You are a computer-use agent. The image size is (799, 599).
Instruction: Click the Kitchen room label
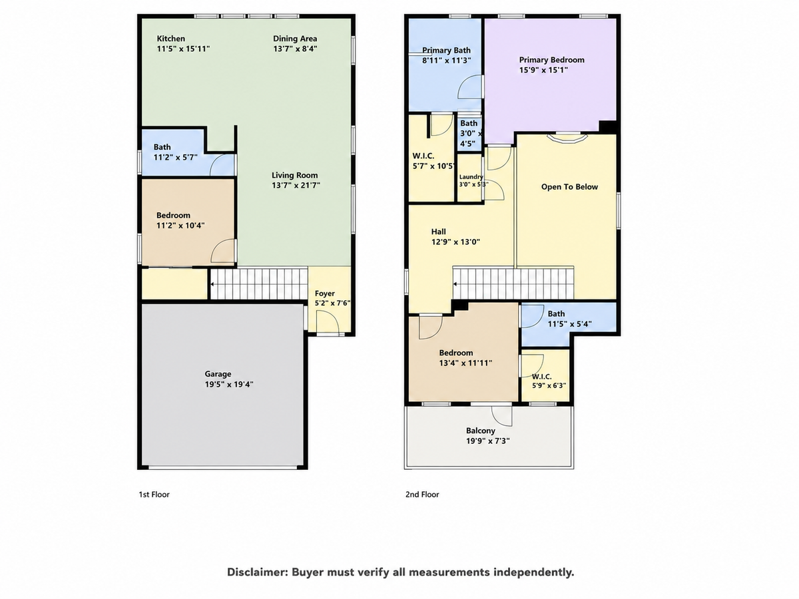coord(170,39)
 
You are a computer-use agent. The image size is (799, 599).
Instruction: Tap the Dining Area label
coord(295,39)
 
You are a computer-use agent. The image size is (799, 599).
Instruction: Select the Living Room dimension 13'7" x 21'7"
coord(296,185)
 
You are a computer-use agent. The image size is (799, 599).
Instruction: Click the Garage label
coord(218,374)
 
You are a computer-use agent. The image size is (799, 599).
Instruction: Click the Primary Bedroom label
coord(551,60)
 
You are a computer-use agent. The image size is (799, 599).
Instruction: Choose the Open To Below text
coord(569,187)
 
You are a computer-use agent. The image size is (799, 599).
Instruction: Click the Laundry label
coord(471,177)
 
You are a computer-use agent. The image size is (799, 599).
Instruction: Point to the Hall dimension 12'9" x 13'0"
coord(455,242)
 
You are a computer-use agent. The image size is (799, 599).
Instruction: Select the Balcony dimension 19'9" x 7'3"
coord(488,441)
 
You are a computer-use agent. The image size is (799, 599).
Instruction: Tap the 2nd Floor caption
coord(422,495)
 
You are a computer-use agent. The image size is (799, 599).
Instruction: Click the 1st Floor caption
coord(154,495)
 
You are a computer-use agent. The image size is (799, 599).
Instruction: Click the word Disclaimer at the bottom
coord(258,572)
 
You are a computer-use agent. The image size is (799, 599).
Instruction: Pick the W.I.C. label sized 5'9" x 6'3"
coord(541,377)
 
